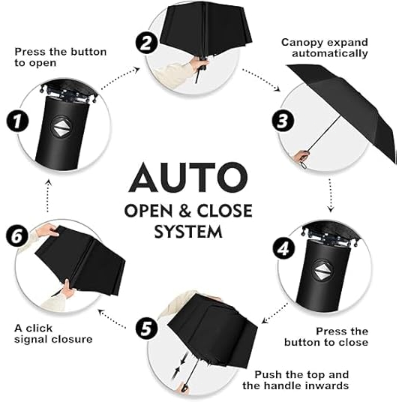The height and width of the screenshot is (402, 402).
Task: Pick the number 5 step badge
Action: pyautogui.click(x=146, y=328)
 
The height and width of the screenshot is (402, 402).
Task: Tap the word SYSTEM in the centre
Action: pyautogui.click(x=187, y=232)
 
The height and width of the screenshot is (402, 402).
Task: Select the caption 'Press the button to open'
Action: pyautogui.click(x=60, y=58)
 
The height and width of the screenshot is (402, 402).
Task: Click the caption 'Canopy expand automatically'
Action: pyautogui.click(x=324, y=47)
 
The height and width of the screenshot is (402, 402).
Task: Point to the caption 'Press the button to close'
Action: pyautogui.click(x=326, y=336)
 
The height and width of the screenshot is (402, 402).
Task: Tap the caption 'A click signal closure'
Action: pyautogui.click(x=53, y=333)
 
